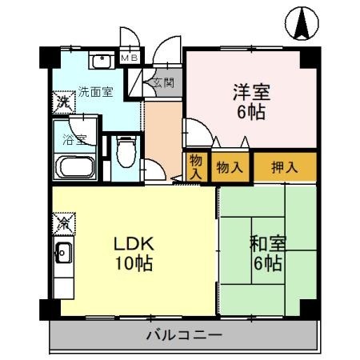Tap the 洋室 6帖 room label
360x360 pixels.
point(252,101)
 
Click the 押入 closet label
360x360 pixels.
point(284,167)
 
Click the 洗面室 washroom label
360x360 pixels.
point(94,91)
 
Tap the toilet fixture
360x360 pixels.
point(124,150)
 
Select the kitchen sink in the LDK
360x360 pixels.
point(63,257)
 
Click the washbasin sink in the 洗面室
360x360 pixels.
point(102,62)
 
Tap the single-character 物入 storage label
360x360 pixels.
point(195,167)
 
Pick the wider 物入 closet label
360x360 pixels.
point(230,167)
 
